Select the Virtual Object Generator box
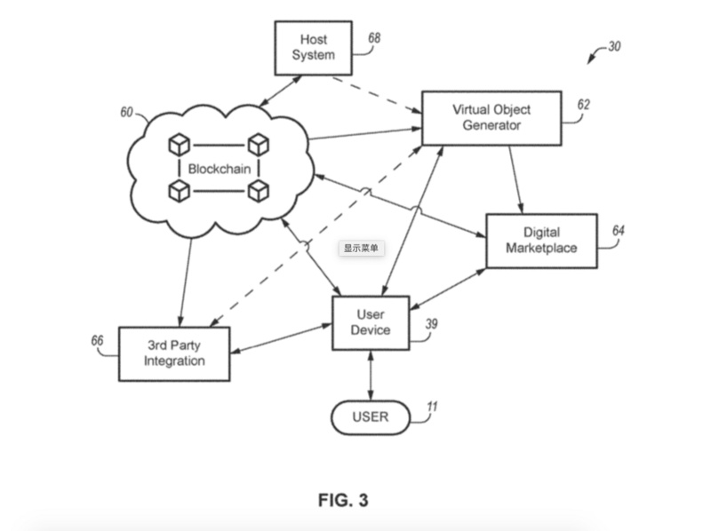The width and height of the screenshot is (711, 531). (491, 117)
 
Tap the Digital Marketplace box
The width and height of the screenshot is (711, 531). (541, 241)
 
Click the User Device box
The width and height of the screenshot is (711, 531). (371, 323)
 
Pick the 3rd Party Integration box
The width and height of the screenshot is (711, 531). (174, 353)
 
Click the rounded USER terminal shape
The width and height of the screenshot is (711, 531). (371, 416)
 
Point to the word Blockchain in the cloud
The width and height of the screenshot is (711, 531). (219, 167)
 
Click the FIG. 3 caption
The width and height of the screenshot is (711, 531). (343, 500)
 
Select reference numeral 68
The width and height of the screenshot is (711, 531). (374, 38)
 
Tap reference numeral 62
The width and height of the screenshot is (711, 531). (583, 104)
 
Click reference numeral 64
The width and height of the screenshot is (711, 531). (619, 231)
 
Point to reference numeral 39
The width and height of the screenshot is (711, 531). (431, 324)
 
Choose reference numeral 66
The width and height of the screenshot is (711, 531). (97, 340)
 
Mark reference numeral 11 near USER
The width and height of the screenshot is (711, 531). (432, 408)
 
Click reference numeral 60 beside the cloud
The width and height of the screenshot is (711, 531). (126, 113)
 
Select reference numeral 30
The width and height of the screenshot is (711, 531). (614, 46)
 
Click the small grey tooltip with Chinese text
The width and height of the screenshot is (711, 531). (362, 249)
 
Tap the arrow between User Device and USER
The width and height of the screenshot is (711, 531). (371, 376)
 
